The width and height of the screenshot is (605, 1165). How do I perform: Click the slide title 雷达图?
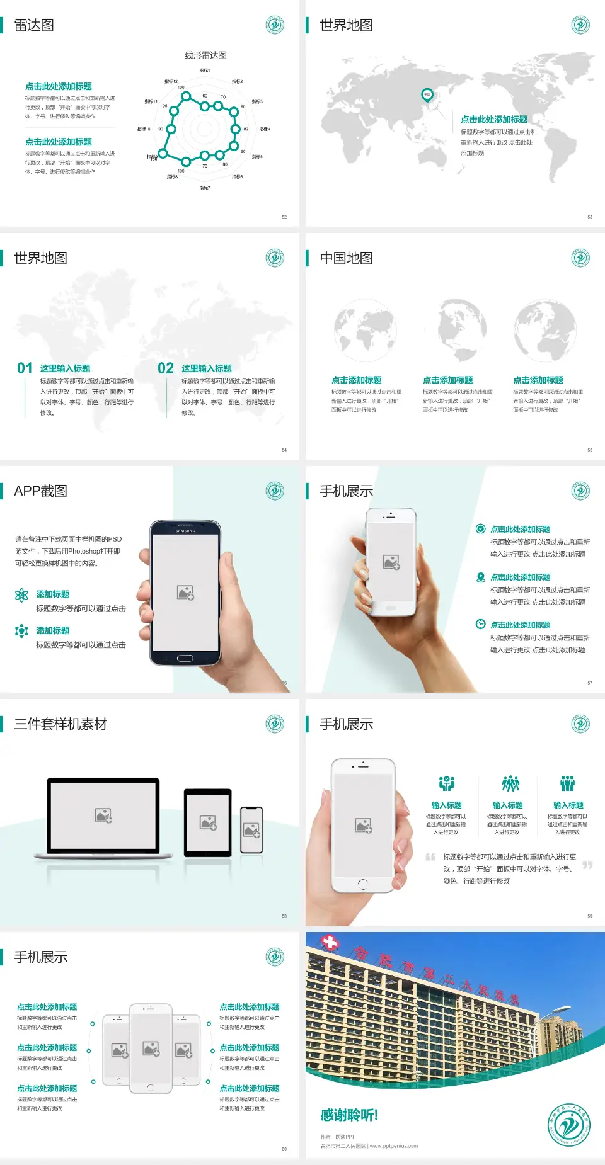coord(34,25)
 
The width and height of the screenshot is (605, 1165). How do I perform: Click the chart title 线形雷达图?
coord(205,55)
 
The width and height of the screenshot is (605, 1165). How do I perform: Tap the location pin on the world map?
coord(427,94)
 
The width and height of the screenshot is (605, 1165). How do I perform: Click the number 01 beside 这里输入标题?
coord(25,368)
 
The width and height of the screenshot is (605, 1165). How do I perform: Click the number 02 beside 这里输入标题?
coord(166,368)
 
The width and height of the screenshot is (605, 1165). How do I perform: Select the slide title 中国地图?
coord(346,258)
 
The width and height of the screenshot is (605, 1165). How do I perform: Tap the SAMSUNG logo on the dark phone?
coord(185,531)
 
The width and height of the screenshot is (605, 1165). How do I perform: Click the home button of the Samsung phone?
coord(185,658)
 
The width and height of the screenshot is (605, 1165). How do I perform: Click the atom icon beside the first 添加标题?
coord(21,595)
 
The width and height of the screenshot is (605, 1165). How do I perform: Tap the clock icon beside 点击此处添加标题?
coord(480,624)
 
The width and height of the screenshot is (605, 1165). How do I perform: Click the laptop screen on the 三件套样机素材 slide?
coord(103,815)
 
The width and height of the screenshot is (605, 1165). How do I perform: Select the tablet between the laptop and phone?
coord(208,822)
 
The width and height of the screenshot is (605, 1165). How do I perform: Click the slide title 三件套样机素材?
coord(60,724)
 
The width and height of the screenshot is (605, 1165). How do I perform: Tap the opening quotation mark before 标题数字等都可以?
coord(430,857)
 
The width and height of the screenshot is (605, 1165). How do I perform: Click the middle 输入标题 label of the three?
coord(507,805)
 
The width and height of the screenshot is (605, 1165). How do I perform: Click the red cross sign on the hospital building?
coord(330,942)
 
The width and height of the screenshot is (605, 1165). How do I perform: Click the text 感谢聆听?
coord(349,1115)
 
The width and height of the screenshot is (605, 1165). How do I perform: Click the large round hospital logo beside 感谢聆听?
coord(569,1124)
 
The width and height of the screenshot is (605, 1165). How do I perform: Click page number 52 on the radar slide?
coord(284,217)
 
